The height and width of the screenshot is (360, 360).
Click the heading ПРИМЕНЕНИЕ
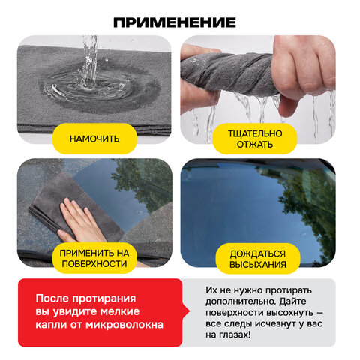[175, 22]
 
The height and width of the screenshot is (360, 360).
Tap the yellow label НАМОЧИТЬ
[94, 139]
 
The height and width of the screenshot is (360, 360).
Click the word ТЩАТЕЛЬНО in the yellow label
[255, 133]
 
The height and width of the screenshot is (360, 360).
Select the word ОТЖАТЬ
[255, 145]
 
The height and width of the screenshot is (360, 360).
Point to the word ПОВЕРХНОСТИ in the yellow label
[94, 264]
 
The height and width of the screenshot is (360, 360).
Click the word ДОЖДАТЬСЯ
[258, 253]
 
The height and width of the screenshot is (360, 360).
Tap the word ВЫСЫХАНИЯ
[258, 265]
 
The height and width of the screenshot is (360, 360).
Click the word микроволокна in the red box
[124, 325]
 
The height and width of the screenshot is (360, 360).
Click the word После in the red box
[52, 298]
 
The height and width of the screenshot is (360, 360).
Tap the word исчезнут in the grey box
[280, 323]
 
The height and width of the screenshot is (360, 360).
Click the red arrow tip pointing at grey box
[189, 312]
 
